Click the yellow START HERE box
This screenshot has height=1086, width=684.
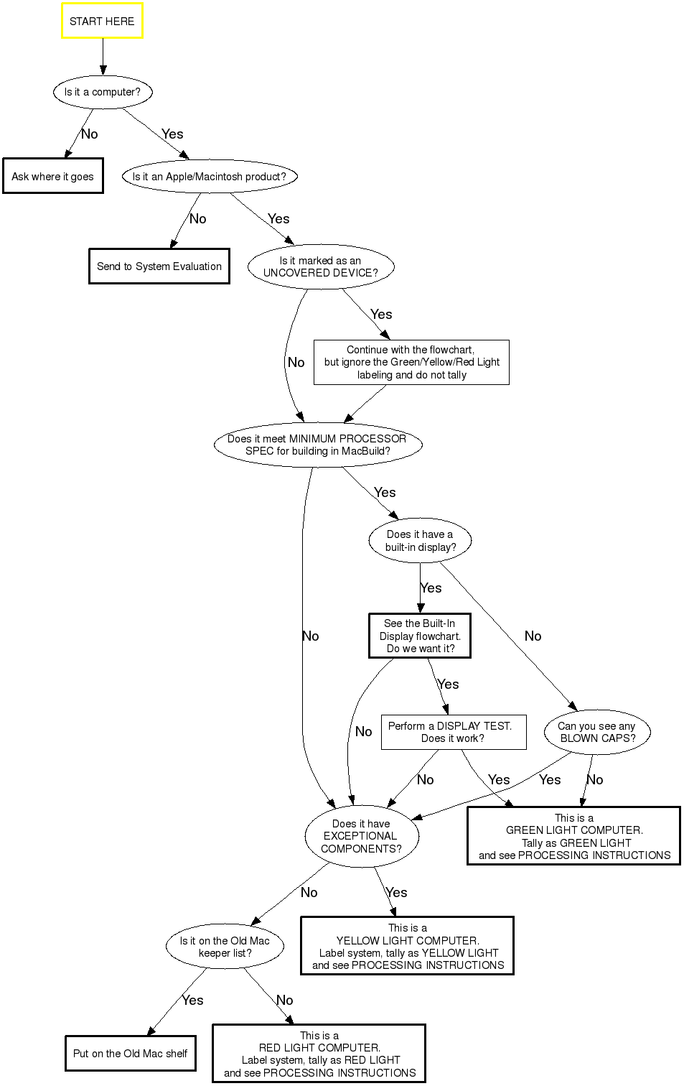click(102, 21)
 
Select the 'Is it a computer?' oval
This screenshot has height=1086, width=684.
click(103, 92)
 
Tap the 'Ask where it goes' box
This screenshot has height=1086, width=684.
click(52, 176)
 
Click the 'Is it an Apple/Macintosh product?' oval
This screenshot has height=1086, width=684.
click(210, 176)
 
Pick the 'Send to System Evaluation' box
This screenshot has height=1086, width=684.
click(159, 266)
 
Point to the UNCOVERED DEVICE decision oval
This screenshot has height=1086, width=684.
click(321, 266)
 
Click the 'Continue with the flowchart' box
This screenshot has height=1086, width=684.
click(411, 362)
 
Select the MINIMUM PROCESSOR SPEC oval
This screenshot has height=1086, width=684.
click(318, 445)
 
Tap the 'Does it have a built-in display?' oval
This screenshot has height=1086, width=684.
click(420, 540)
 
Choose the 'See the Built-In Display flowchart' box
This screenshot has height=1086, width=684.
click(420, 636)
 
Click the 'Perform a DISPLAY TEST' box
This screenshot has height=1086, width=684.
click(453, 732)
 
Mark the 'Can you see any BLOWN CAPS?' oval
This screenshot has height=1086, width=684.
click(597, 732)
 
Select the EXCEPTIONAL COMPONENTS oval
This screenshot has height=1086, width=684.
click(362, 836)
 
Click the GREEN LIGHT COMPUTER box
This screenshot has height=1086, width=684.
click(573, 836)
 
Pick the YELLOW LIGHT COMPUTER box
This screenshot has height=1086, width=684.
click(407, 946)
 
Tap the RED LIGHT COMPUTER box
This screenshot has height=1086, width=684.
click(319, 1054)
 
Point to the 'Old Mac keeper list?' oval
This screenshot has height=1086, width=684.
click(225, 947)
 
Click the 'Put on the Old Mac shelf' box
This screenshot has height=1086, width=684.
click(130, 1054)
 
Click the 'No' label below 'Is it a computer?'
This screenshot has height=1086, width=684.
click(90, 134)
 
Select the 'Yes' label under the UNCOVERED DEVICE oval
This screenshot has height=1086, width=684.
click(381, 315)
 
